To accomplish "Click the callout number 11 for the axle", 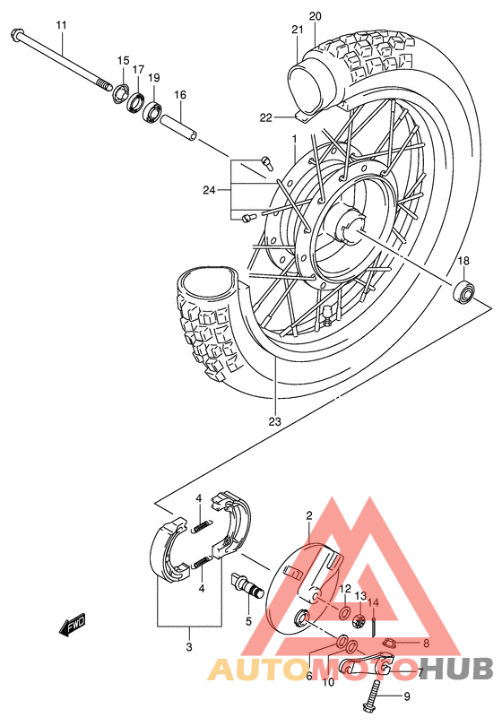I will click(x=61, y=24).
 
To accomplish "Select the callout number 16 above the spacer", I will click(x=179, y=95).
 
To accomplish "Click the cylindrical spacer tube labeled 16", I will click(x=179, y=125).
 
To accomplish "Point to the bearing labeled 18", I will click(x=464, y=290).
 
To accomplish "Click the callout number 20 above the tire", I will click(x=315, y=16).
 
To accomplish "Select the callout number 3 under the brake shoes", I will click(x=188, y=646).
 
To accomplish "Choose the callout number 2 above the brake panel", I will click(x=308, y=515).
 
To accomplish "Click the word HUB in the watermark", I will click(x=459, y=668).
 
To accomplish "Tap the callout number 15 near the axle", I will click(x=123, y=60).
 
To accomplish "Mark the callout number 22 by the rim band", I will click(x=265, y=117).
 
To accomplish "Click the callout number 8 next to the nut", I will click(x=426, y=643).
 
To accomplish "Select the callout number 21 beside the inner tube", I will click(x=298, y=30).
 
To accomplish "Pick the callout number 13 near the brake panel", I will click(x=360, y=596).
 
